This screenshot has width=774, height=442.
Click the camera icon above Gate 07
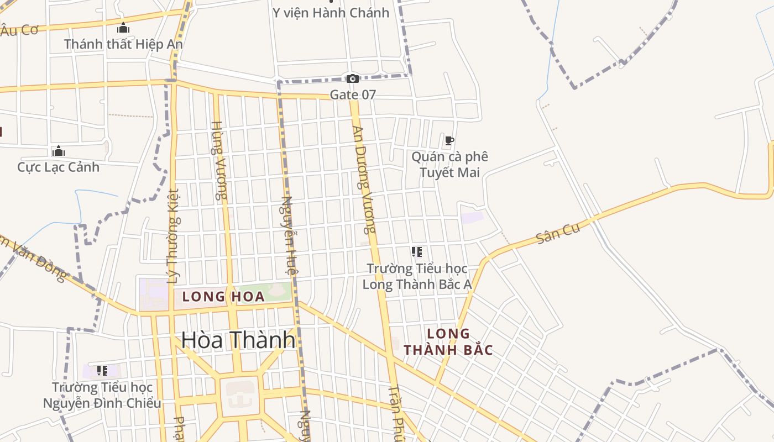click(352, 79)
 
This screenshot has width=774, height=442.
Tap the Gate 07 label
click(353, 94)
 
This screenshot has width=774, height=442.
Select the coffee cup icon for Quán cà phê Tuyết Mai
click(449, 141)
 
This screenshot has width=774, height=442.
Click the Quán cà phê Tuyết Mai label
click(449, 165)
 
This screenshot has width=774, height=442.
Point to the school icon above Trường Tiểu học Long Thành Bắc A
click(417, 252)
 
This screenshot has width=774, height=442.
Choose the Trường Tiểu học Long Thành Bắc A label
click(417, 276)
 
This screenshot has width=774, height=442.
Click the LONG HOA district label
click(223, 297)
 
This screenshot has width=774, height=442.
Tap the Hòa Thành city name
click(238, 340)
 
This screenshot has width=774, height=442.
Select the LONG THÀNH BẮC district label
click(448, 342)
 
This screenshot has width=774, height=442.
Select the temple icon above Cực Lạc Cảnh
click(59, 151)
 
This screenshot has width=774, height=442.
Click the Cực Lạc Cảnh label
click(59, 167)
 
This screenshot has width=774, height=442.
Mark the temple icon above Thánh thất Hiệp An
click(123, 28)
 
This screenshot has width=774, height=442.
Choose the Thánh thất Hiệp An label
click(123, 44)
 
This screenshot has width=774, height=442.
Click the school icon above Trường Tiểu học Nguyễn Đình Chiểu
click(102, 370)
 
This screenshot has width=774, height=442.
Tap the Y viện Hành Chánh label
click(331, 12)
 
